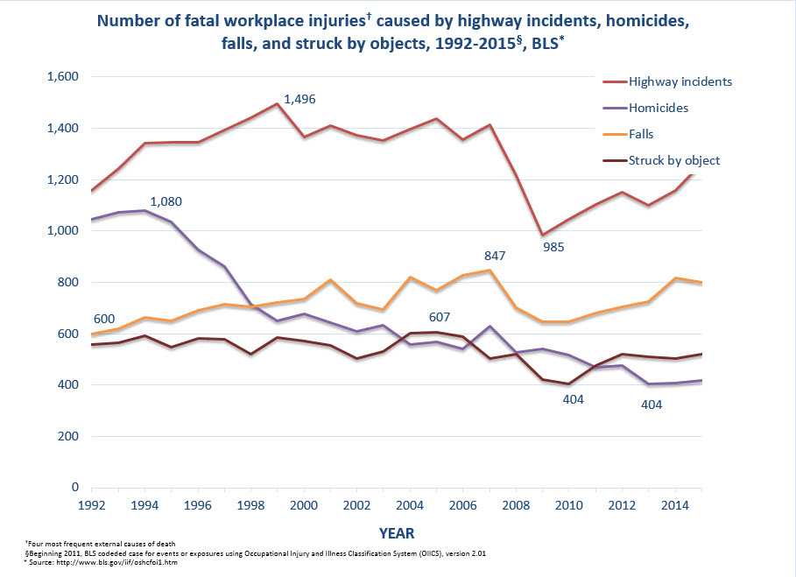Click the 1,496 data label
299,100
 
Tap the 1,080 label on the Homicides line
166,202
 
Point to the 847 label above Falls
496,256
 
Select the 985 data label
553,247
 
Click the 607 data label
440,317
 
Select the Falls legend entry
642,134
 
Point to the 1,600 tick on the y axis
62,77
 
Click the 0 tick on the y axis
74,488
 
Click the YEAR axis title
397,532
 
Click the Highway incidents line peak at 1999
277,103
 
